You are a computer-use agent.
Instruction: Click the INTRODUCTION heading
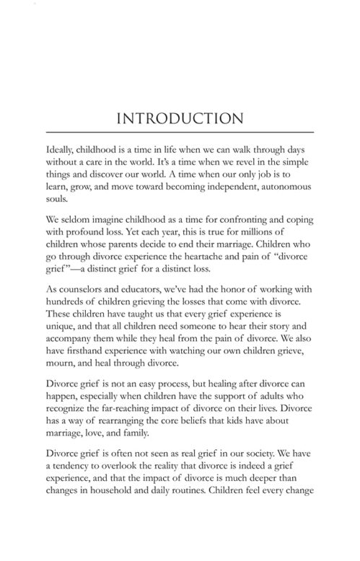[180, 118]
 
